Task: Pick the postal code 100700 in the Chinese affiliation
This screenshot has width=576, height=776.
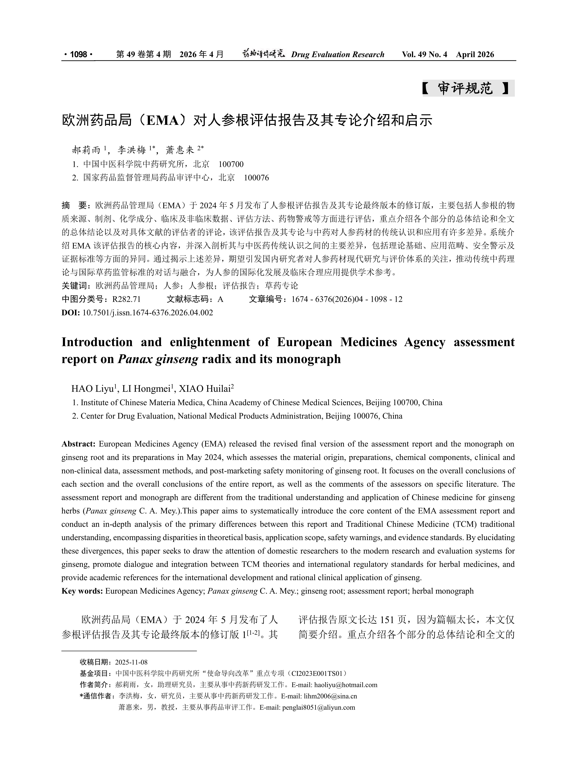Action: (x=231, y=164)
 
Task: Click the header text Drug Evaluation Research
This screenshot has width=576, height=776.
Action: (x=337, y=54)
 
